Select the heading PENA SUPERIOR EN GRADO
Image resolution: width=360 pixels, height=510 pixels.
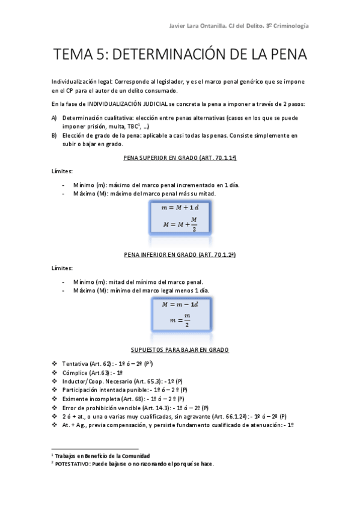click(178, 158)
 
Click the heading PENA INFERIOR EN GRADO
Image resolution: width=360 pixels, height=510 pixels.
click(178, 255)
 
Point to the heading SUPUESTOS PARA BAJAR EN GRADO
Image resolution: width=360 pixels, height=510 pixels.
click(179, 349)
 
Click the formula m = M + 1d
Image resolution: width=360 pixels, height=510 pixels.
click(179, 207)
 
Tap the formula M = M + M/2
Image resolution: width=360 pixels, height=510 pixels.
click(180, 223)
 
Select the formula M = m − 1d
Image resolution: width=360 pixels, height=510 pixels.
click(179, 304)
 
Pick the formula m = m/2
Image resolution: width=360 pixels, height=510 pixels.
click(179, 320)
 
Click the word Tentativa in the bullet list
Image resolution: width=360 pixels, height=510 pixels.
click(75, 364)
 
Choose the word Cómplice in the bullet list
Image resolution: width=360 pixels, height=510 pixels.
click(75, 373)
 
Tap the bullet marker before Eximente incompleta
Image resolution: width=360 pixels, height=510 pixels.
click(55, 399)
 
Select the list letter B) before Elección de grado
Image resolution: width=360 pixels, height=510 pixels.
click(55, 135)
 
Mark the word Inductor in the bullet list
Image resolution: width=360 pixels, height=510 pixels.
click(75, 381)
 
